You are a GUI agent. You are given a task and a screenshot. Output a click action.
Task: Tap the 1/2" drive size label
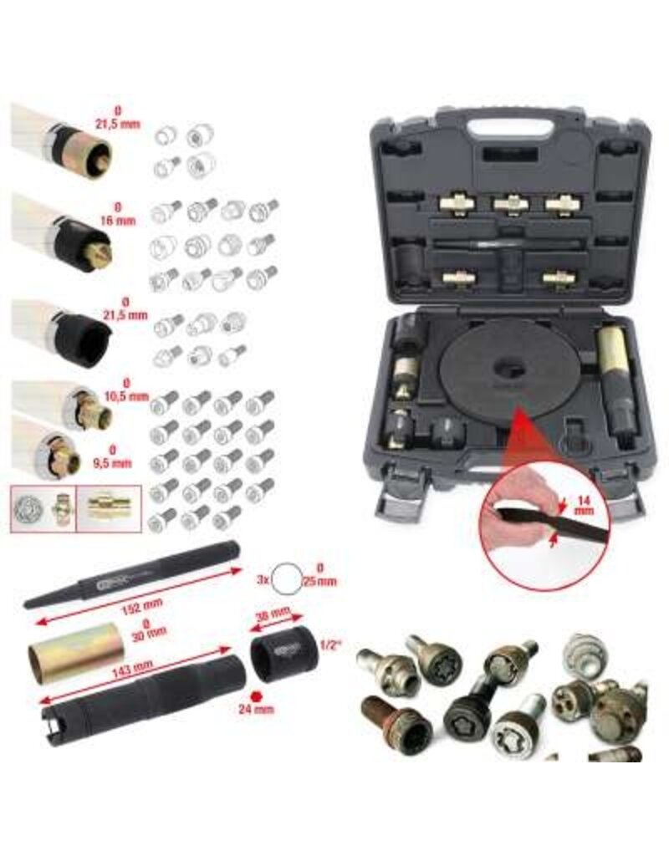click(331, 645)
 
